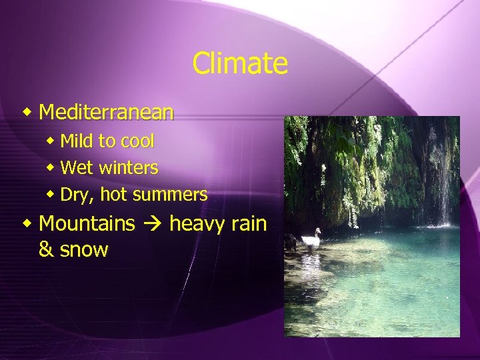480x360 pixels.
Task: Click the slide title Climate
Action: [x=240, y=64]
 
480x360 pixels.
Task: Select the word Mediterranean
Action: [x=107, y=112]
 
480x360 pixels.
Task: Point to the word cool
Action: [x=137, y=141]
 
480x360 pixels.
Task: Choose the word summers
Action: [x=170, y=195]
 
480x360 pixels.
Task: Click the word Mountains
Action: [x=87, y=223]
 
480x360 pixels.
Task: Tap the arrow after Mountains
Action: [x=152, y=224]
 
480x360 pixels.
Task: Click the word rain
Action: [x=249, y=223]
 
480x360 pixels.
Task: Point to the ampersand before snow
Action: [x=46, y=250]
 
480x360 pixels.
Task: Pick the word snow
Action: [x=83, y=251]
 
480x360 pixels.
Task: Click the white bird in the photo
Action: [x=311, y=239]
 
